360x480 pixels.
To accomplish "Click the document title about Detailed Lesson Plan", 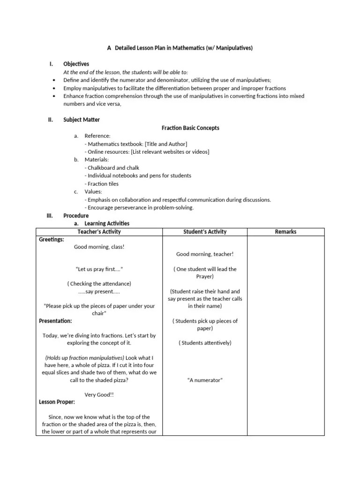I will [180, 48].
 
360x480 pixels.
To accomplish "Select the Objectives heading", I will [76, 64].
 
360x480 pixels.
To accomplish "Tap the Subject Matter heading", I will [82, 120].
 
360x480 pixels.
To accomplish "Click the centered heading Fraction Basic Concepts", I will [190, 128].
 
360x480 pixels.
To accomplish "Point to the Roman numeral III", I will [50, 216].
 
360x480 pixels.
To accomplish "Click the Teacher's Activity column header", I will [99, 232].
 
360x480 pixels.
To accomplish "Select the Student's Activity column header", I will [204, 232].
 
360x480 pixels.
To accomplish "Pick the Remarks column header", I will [285, 232].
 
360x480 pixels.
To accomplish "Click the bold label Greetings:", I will [52, 240].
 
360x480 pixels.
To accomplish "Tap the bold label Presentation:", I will [55, 321].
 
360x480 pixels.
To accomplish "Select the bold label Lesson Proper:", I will [57, 402].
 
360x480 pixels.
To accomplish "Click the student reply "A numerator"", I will [204, 380].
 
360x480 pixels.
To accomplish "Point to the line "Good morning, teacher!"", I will [204, 254].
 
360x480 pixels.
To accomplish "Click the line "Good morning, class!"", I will [99, 247].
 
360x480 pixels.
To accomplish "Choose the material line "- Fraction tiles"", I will [101, 184].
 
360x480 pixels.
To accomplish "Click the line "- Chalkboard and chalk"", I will [112, 168].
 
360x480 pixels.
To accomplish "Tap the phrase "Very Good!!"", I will [99, 395].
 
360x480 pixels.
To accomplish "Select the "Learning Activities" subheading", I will [107, 224].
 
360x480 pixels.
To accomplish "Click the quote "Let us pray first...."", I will [99, 270].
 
